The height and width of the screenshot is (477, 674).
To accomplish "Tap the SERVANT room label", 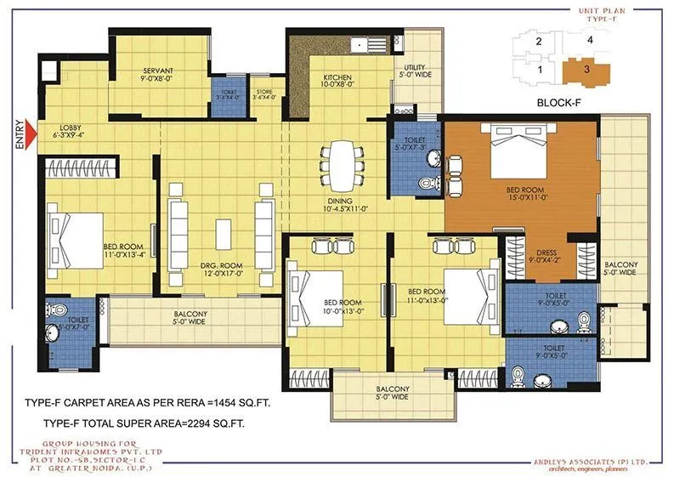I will [158, 70].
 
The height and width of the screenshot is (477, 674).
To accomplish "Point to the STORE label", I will [265, 93].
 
